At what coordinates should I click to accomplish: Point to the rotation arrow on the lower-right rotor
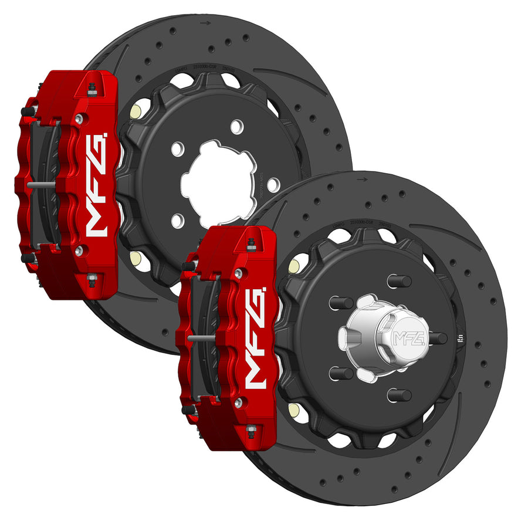click(363, 180)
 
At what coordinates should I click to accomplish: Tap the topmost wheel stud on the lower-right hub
click(399, 280)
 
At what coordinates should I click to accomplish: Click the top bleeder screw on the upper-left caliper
click(91, 88)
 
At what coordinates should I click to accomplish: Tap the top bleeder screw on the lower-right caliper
click(251, 243)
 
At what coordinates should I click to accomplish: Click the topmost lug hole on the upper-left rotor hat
click(236, 126)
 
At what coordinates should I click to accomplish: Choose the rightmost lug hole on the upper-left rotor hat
click(273, 185)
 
